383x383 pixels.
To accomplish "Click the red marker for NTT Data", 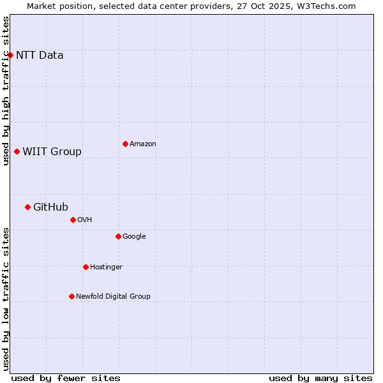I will tap(10, 55).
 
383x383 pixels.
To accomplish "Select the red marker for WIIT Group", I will tap(17, 151).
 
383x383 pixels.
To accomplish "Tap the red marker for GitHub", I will tap(27, 207).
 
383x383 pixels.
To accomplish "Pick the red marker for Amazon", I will tap(125, 144).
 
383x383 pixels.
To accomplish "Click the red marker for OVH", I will tap(73, 220).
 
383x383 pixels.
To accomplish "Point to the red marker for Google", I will tap(118, 236).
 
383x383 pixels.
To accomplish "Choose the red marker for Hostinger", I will tap(86, 267).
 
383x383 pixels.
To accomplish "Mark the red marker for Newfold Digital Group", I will tap(71, 296).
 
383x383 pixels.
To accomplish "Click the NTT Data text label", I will tap(40, 55).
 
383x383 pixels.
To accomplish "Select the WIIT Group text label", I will tap(52, 151).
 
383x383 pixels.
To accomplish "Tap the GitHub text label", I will tap(50, 207).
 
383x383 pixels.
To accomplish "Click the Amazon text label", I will tap(142, 144).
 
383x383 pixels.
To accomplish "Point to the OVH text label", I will tap(84, 220).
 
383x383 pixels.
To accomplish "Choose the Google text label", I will tap(134, 236).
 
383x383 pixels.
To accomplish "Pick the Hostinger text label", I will tap(106, 267).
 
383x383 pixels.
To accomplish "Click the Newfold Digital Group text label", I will tap(113, 296).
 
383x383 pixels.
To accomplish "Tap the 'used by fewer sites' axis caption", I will tap(66, 378).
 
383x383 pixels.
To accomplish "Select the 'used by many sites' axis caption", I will tap(320, 378).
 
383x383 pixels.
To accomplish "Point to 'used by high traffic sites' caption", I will tap(6, 91).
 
